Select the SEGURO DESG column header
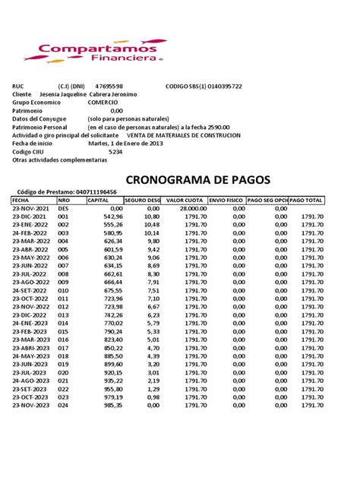(x=143, y=200)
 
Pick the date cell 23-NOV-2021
(x=30, y=207)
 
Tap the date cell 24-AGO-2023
(x=30, y=381)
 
